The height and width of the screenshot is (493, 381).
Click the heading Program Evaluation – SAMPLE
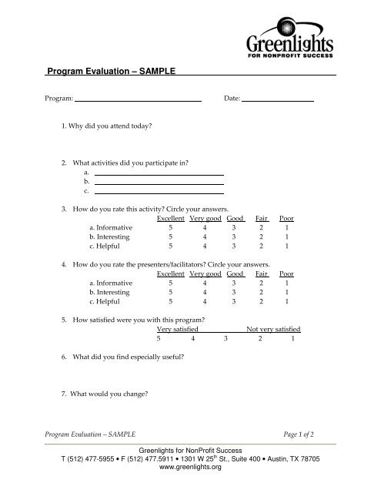(x=112, y=72)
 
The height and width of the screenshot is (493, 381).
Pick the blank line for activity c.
(x=159, y=193)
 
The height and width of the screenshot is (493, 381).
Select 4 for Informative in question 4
(x=203, y=283)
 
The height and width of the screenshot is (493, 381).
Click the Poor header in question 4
(x=286, y=273)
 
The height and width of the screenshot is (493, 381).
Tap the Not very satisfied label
(x=272, y=329)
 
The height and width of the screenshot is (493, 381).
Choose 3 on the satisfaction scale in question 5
(x=226, y=338)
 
